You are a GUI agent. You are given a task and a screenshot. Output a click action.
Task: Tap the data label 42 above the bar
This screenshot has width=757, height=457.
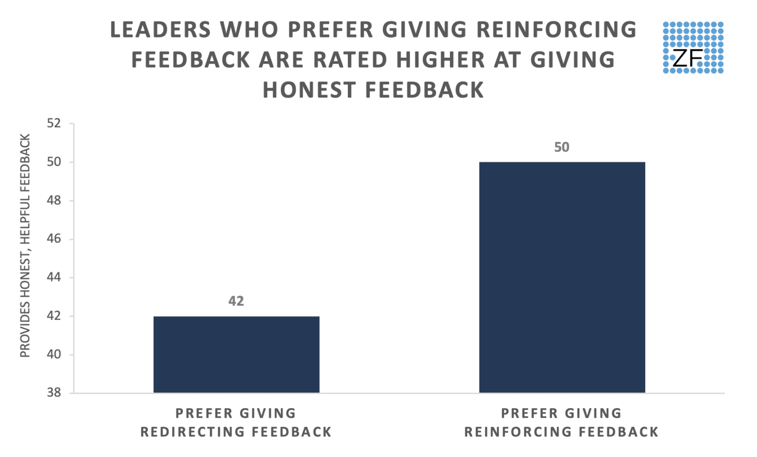point(236,301)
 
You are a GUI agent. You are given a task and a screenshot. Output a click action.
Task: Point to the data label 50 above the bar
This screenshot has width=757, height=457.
point(561,147)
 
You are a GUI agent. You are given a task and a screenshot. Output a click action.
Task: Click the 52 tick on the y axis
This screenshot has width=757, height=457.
point(54,123)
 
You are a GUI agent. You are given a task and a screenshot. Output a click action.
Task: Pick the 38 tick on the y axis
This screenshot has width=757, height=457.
point(54,392)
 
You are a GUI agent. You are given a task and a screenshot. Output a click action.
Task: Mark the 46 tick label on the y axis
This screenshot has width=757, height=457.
point(54,239)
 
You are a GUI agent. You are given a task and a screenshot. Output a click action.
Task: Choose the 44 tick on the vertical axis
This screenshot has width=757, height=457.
point(54,277)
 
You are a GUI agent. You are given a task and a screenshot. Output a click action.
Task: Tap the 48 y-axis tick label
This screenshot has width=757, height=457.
point(54,200)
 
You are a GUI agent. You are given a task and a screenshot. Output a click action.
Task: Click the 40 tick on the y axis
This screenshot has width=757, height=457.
point(54,354)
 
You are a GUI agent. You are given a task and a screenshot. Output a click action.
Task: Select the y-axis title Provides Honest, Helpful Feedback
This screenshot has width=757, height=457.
point(25,246)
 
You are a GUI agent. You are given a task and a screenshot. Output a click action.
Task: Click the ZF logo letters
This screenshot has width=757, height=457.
point(687,58)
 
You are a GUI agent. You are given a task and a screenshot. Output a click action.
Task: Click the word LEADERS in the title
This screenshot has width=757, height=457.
point(161,30)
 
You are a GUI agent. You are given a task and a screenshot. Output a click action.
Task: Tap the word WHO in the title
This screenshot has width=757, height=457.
point(250,30)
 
